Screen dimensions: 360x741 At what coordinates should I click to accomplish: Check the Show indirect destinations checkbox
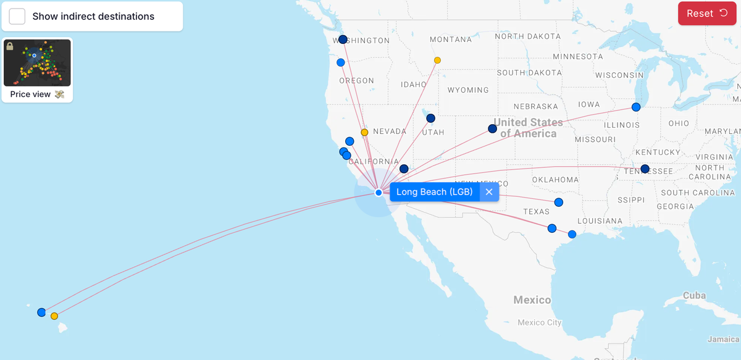[17, 17]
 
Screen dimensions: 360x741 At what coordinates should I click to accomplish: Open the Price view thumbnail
[37, 64]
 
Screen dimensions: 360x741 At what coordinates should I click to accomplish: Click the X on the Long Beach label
[489, 192]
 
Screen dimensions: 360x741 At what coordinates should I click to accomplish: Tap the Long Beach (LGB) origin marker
[379, 193]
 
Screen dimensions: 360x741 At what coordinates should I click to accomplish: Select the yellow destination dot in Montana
[437, 61]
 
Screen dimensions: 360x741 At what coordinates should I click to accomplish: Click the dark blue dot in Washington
[343, 40]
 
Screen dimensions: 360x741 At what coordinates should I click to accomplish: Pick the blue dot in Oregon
[341, 62]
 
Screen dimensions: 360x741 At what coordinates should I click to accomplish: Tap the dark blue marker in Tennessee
[645, 169]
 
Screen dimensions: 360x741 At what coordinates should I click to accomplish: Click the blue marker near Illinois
[636, 107]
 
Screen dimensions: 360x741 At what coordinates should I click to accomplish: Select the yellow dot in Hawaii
[54, 316]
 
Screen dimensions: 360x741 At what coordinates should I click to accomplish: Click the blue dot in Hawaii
[41, 312]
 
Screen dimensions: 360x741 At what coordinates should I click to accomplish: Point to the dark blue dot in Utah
[430, 118]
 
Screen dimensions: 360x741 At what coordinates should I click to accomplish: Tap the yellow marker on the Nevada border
[364, 132]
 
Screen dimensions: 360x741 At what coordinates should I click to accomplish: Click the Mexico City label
[540, 322]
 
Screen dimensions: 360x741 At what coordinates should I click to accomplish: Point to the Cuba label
[694, 296]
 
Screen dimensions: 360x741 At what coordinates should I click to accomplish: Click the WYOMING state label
[468, 90]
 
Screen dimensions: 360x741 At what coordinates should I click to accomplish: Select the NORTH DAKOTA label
[528, 36]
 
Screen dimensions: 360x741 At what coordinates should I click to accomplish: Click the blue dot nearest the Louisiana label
[572, 234]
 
